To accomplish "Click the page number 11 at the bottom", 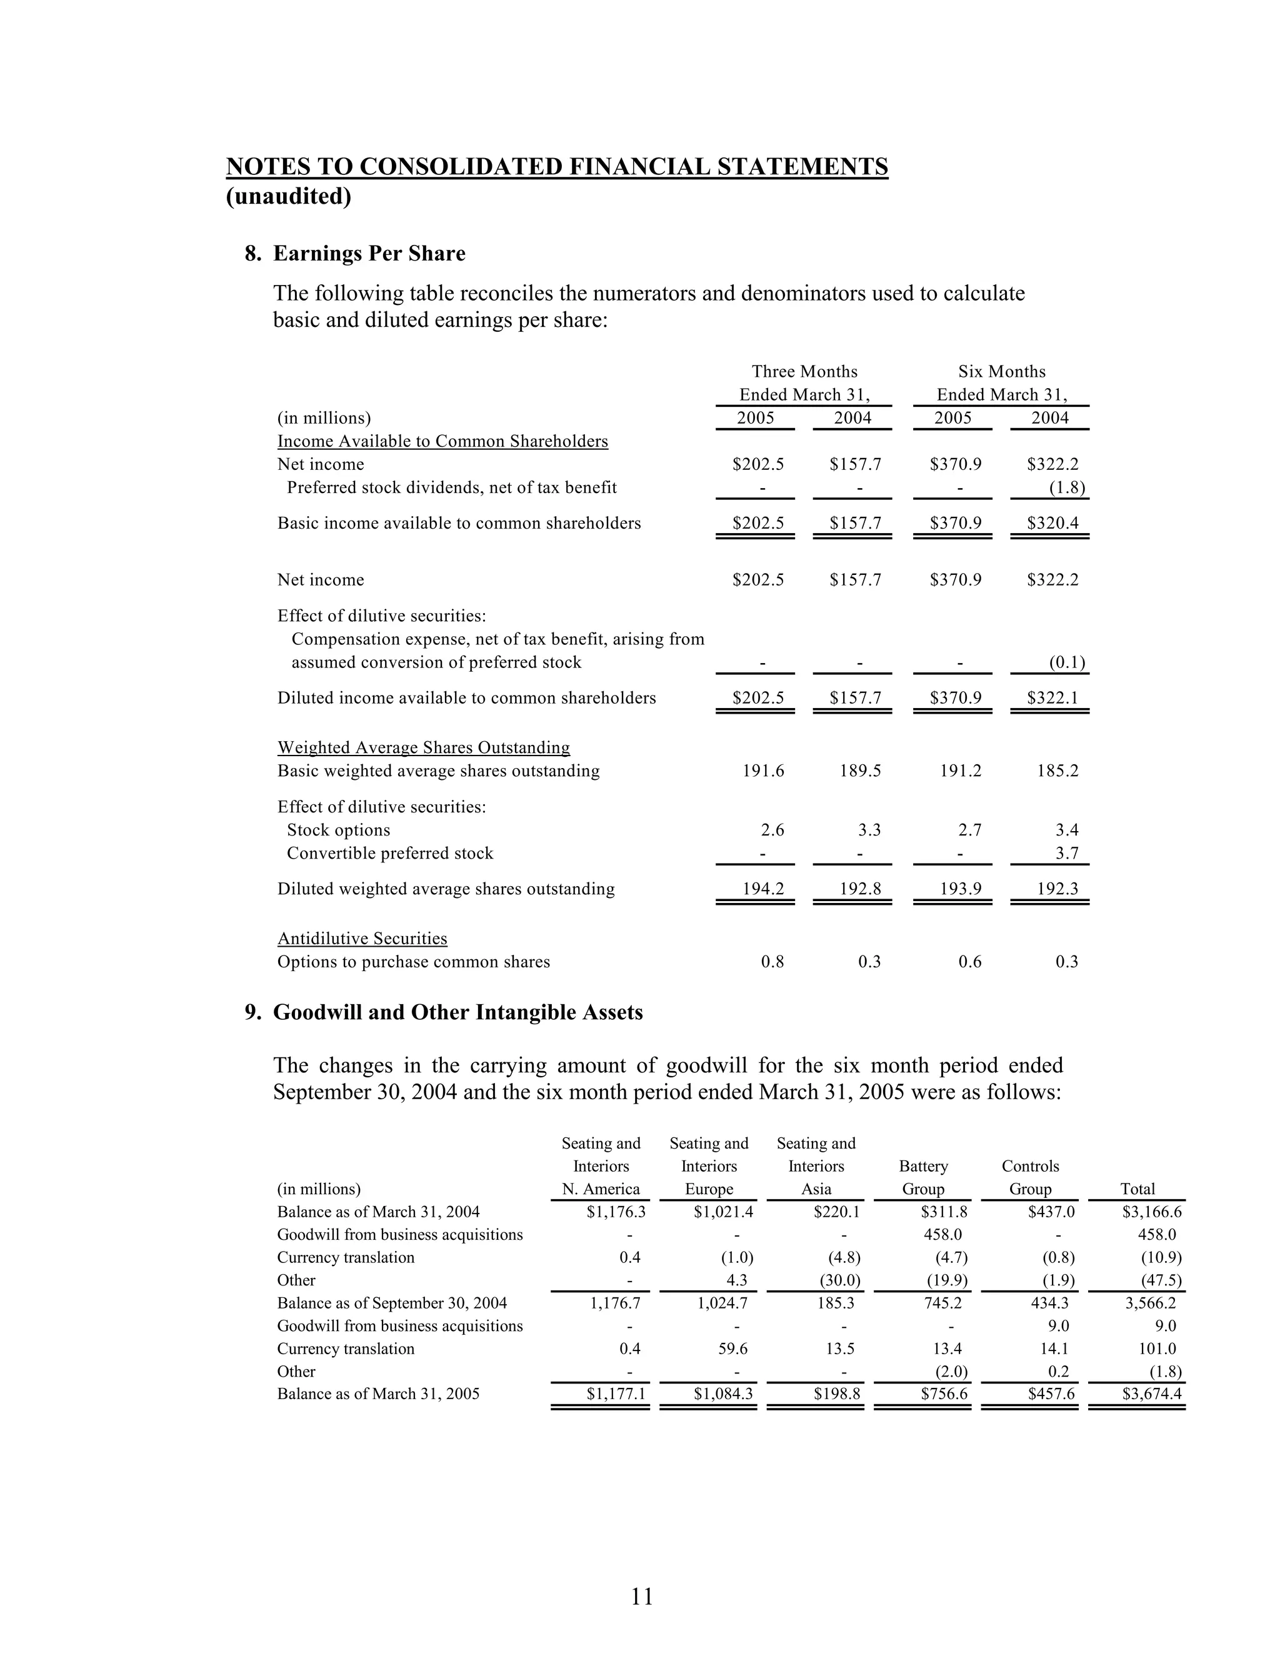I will tap(641, 1596).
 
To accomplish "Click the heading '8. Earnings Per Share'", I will tap(355, 253).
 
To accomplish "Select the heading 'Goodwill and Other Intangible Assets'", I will tap(457, 1012).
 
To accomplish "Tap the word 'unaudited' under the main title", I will tap(289, 196).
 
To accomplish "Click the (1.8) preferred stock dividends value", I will tap(1066, 487).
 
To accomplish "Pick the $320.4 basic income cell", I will tap(1052, 523).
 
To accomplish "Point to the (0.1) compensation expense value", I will tap(1066, 662).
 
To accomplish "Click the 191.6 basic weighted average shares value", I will tap(763, 771).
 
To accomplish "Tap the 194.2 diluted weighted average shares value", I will tap(763, 889).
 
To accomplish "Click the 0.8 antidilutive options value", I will tap(772, 962).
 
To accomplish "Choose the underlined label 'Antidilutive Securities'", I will tap(362, 939).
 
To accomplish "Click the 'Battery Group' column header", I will tap(923, 1177).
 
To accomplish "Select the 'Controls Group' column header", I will tap(1030, 1177).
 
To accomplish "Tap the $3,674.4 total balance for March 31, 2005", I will tap(1152, 1394).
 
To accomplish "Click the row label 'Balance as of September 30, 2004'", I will tap(392, 1303).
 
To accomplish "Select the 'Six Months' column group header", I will tap(1001, 372).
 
